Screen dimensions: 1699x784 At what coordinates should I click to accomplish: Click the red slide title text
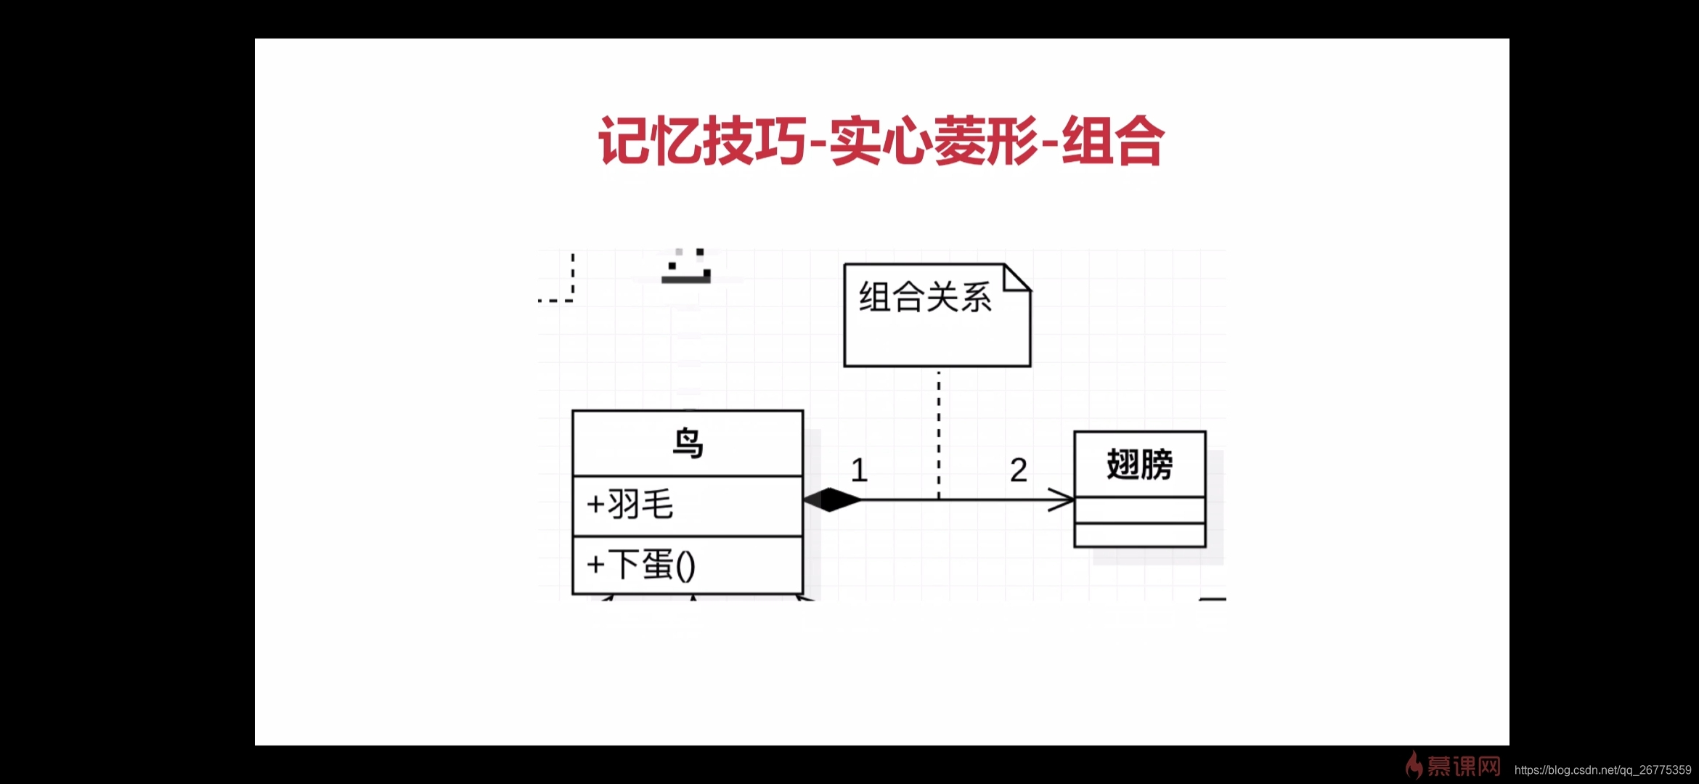[x=881, y=141]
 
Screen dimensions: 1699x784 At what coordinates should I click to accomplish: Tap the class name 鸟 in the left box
[x=688, y=443]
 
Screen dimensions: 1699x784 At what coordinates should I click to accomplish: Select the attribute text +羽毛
[x=630, y=505]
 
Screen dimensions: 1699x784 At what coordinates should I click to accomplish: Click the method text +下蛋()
[x=641, y=565]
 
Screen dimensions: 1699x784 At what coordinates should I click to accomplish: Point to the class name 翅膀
[x=1139, y=465]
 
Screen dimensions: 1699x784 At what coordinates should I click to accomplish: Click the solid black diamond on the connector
[x=832, y=499]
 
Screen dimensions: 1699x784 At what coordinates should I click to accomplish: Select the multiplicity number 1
[x=859, y=470]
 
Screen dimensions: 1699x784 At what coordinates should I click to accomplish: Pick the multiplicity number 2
[x=1019, y=470]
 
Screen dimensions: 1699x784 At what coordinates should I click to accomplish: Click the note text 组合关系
[x=925, y=298]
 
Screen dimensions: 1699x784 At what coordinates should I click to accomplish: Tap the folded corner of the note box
[x=1016, y=277]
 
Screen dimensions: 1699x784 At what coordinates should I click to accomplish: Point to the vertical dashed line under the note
[x=939, y=436]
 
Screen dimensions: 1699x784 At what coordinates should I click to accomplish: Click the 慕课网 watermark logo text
[x=1463, y=767]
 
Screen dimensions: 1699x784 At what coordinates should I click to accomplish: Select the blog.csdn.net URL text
[x=1602, y=769]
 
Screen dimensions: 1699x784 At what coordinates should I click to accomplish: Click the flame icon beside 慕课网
[x=1413, y=765]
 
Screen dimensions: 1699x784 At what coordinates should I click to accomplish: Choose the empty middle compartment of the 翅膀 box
[x=1139, y=510]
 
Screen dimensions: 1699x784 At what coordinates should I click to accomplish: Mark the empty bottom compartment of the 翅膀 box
[x=1139, y=535]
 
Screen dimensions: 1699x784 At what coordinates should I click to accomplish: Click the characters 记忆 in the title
[x=649, y=141]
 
